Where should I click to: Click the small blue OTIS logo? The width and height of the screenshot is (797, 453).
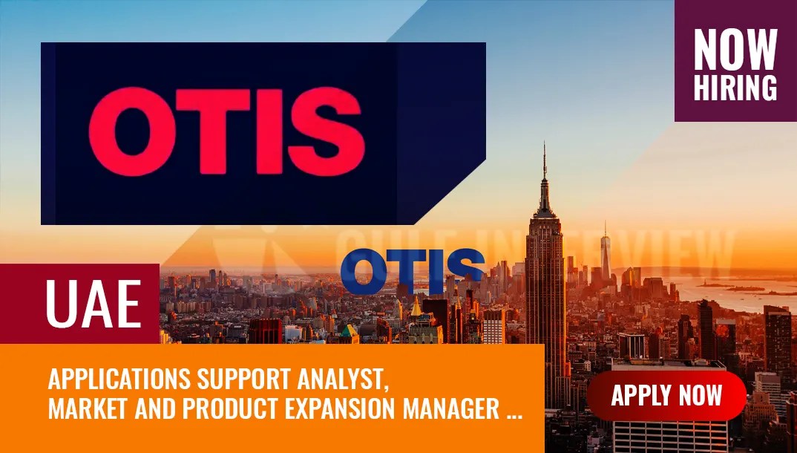point(413,272)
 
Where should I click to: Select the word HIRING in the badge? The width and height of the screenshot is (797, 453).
point(735,87)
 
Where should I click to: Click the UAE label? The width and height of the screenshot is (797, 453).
point(94,304)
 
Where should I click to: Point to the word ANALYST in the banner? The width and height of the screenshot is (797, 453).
point(346,379)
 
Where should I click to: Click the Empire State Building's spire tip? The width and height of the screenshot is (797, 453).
point(544,144)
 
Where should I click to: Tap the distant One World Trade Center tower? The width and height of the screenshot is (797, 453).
point(606,249)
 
